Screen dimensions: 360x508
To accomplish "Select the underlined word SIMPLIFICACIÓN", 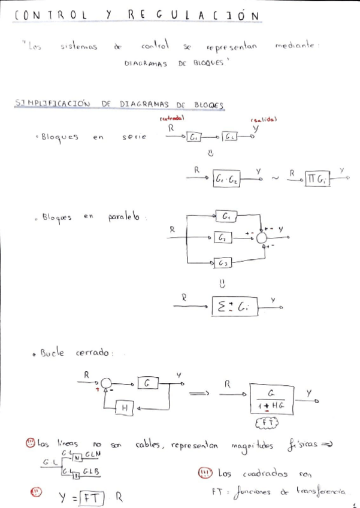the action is (x=52, y=103).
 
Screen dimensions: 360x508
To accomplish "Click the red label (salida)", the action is (x=264, y=119).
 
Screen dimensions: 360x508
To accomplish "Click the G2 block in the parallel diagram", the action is (x=222, y=238).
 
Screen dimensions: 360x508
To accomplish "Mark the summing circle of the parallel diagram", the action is (x=262, y=238).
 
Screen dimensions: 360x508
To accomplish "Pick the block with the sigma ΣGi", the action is (x=235, y=307).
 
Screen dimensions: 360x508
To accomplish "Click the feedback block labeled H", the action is (x=125, y=408).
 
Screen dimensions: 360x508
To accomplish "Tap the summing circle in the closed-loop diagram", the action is (x=105, y=382).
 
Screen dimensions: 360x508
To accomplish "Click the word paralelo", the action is (x=124, y=217).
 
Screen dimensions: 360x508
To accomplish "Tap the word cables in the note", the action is (x=147, y=445).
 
